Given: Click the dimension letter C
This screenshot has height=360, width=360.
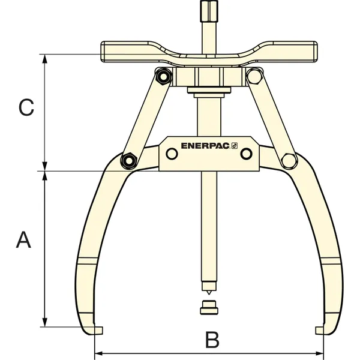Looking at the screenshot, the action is [26, 107].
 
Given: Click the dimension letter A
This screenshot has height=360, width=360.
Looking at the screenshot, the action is [23, 239].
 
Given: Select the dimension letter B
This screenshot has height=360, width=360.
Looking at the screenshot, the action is [212, 340].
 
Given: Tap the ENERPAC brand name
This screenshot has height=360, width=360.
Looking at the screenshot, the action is [205, 146].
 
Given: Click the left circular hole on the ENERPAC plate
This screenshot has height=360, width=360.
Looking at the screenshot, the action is [172, 154].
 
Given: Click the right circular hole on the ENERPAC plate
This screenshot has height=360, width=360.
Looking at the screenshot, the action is [247, 154].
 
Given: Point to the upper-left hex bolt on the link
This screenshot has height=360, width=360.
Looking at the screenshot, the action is [163, 76].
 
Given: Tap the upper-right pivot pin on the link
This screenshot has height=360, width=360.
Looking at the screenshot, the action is [254, 76].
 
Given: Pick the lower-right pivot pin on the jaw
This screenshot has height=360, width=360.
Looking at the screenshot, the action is [289, 160].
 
